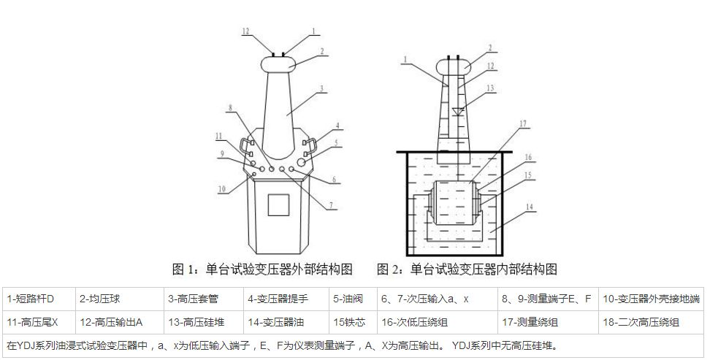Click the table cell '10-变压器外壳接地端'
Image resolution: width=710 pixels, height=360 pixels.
point(650,299)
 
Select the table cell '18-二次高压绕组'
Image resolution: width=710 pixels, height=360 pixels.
point(650,321)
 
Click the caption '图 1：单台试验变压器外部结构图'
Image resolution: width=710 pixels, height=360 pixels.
point(262,270)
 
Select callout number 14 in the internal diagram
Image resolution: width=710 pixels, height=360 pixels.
point(531,207)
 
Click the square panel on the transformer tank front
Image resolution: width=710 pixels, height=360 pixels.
point(278,204)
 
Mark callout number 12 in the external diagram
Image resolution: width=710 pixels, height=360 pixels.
point(246,31)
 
